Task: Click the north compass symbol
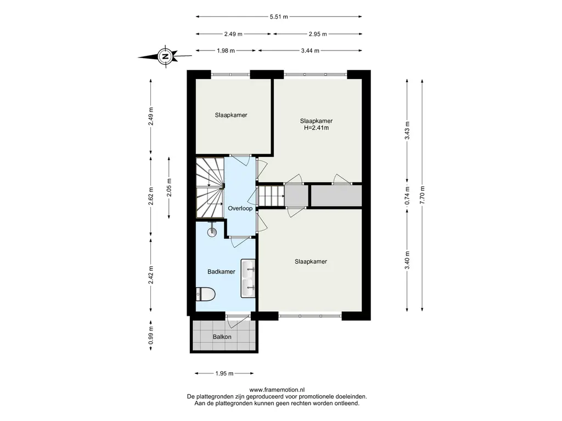click(165, 56)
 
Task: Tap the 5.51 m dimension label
click(279, 16)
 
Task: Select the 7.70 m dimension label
click(423, 195)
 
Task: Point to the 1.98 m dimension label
click(226, 51)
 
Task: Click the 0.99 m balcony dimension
click(151, 335)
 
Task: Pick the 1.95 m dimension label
click(224, 373)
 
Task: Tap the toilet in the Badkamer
click(205, 295)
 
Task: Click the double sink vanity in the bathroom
click(248, 278)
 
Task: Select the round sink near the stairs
click(212, 231)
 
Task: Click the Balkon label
click(222, 337)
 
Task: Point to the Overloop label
click(240, 208)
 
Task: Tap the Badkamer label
click(222, 272)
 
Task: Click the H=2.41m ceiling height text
click(317, 128)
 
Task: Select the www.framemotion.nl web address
click(277, 390)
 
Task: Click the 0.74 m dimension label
click(407, 196)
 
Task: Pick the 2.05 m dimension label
click(169, 187)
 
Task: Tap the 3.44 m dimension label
click(310, 51)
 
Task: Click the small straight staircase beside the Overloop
click(272, 196)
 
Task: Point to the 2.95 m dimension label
click(318, 34)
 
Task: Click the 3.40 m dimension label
click(407, 260)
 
